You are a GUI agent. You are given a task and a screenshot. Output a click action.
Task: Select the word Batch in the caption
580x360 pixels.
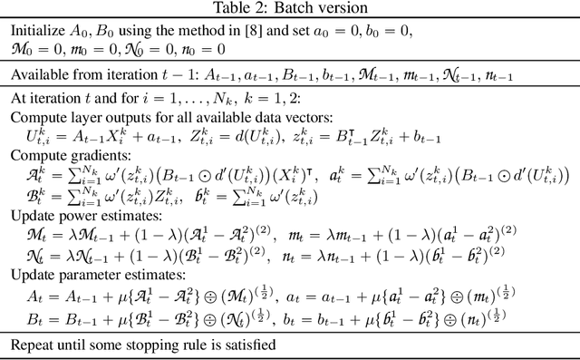coord(284,10)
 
